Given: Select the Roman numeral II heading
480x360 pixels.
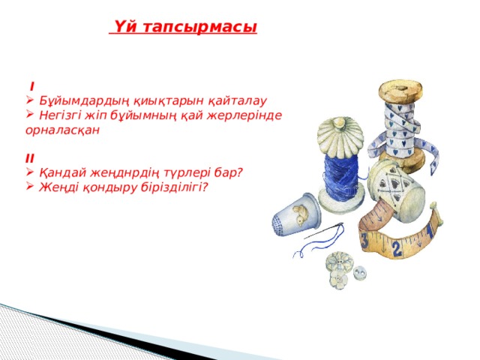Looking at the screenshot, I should coord(28,157).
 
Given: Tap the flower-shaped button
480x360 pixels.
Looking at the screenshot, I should coord(337,268).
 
